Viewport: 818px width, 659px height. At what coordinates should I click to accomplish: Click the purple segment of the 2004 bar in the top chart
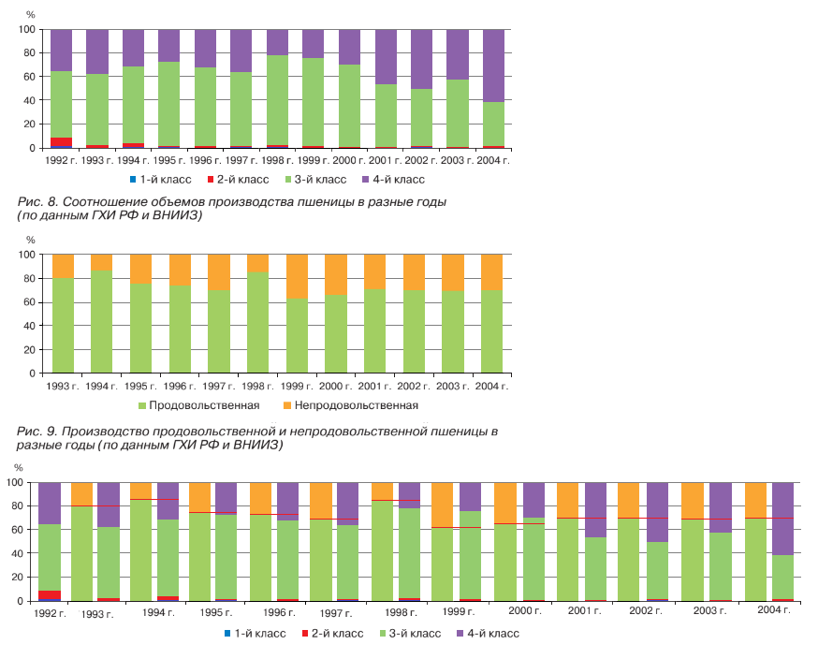[493, 66]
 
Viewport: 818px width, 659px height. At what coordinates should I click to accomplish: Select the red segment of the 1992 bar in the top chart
[62, 141]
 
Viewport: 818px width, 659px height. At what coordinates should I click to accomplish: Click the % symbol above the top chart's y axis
[31, 15]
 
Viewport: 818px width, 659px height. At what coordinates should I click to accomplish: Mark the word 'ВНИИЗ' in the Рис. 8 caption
[180, 215]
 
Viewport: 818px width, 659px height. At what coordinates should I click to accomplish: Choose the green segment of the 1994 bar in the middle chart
[101, 321]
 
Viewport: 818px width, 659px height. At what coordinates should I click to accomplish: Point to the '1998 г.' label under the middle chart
[257, 386]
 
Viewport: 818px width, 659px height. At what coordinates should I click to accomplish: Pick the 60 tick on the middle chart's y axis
[28, 301]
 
